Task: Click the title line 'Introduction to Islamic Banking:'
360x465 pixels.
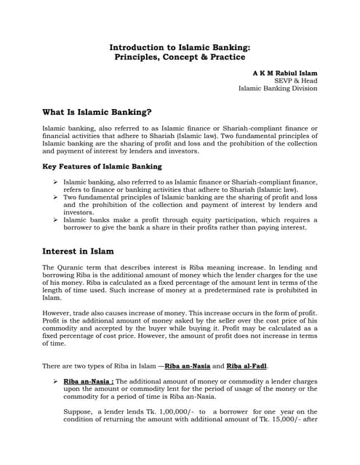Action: click(x=180, y=46)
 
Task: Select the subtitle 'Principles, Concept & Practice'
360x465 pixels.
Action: click(x=180, y=56)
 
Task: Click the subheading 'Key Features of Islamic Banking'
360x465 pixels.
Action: click(x=102, y=166)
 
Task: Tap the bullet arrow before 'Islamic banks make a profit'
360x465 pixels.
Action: click(x=56, y=219)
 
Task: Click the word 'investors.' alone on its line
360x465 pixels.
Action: click(x=81, y=211)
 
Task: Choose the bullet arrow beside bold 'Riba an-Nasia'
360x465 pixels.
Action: click(x=56, y=380)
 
